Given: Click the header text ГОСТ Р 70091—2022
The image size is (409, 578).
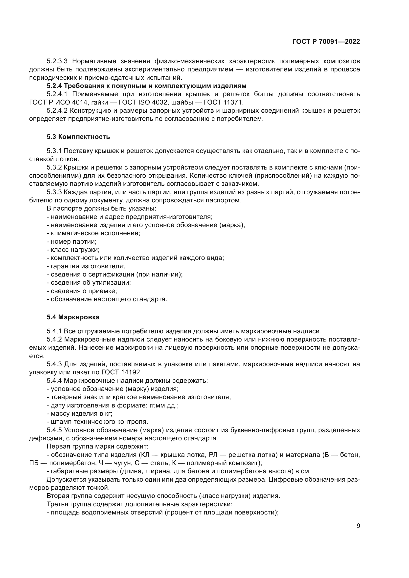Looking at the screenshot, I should [326, 42].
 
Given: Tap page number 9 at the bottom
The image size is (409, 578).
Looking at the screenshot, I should [358, 526].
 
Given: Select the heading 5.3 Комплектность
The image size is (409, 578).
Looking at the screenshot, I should [78, 137].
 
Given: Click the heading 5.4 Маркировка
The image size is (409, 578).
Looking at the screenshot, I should [73, 317].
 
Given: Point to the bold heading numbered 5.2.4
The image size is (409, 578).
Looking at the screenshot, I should [146, 86].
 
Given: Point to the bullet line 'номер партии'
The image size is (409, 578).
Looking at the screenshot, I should [72, 241].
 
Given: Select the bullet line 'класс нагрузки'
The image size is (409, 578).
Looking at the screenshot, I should [73, 250].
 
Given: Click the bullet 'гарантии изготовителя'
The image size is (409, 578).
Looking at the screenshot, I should [86, 266].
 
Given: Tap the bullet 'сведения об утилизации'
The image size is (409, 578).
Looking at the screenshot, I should [89, 283].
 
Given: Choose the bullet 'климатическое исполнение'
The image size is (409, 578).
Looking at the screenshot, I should [93, 233].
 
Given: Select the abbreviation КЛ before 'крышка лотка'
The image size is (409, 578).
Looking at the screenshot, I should [144, 455].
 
